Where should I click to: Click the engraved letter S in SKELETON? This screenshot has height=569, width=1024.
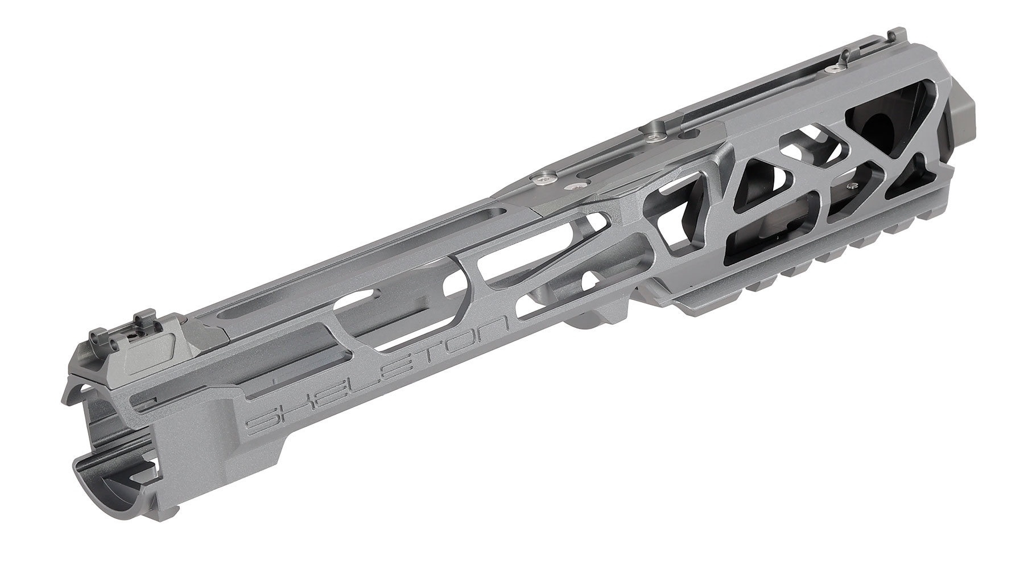pyautogui.click(x=263, y=422)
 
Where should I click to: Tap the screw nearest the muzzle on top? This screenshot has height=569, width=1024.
pyautogui.click(x=835, y=67)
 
